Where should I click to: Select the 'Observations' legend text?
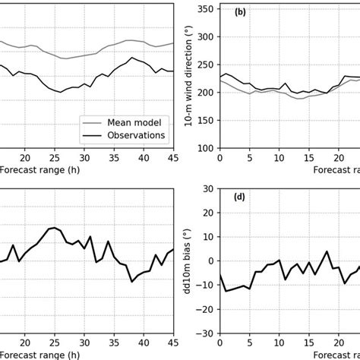point(135,135)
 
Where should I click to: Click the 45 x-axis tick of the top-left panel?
point(172,157)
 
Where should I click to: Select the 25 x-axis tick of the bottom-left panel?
point(54,343)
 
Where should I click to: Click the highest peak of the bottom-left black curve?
point(54,227)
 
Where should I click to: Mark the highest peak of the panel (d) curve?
point(327,251)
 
